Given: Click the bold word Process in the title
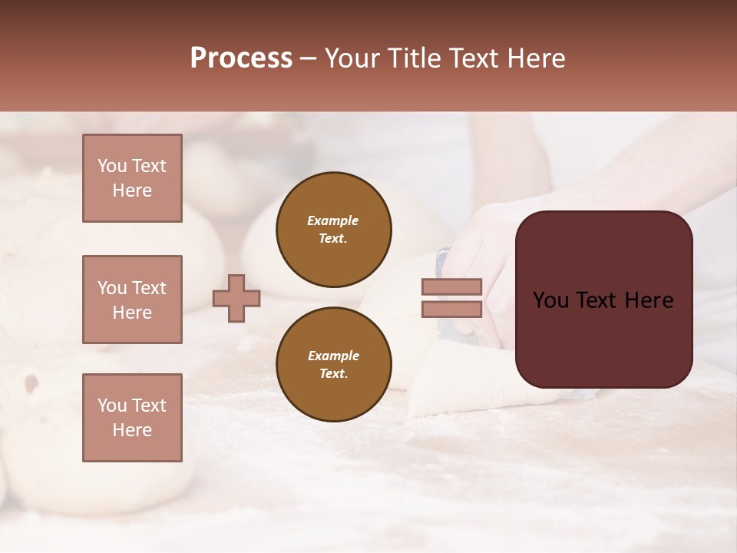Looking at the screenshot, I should click(x=241, y=58).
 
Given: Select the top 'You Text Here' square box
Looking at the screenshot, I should click(x=132, y=178).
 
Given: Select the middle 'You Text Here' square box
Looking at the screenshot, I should click(x=132, y=300).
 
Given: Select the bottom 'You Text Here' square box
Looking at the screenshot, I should click(x=132, y=418).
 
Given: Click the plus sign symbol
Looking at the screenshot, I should click(x=236, y=298).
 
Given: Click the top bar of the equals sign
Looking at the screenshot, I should click(x=451, y=286).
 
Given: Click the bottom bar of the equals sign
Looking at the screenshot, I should click(x=451, y=309).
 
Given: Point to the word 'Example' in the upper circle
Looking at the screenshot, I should click(x=333, y=220).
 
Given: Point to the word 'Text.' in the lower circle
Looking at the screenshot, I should click(x=333, y=373).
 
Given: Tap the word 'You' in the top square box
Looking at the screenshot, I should click(x=112, y=166).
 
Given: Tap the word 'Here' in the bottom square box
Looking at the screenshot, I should click(x=132, y=430).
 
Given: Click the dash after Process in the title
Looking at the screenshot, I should click(x=308, y=58).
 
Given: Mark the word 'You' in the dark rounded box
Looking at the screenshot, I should click(x=551, y=300).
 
